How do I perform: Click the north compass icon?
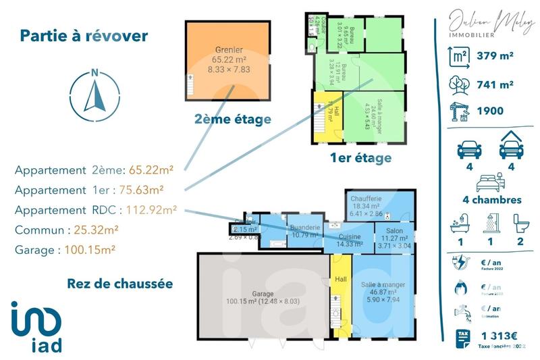95,93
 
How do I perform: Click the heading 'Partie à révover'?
84,36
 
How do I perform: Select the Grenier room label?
229,50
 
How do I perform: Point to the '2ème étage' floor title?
232,120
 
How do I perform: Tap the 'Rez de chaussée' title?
119,283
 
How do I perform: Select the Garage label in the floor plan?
263,294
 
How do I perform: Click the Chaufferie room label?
367,199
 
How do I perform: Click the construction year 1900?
490,110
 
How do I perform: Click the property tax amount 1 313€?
499,335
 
